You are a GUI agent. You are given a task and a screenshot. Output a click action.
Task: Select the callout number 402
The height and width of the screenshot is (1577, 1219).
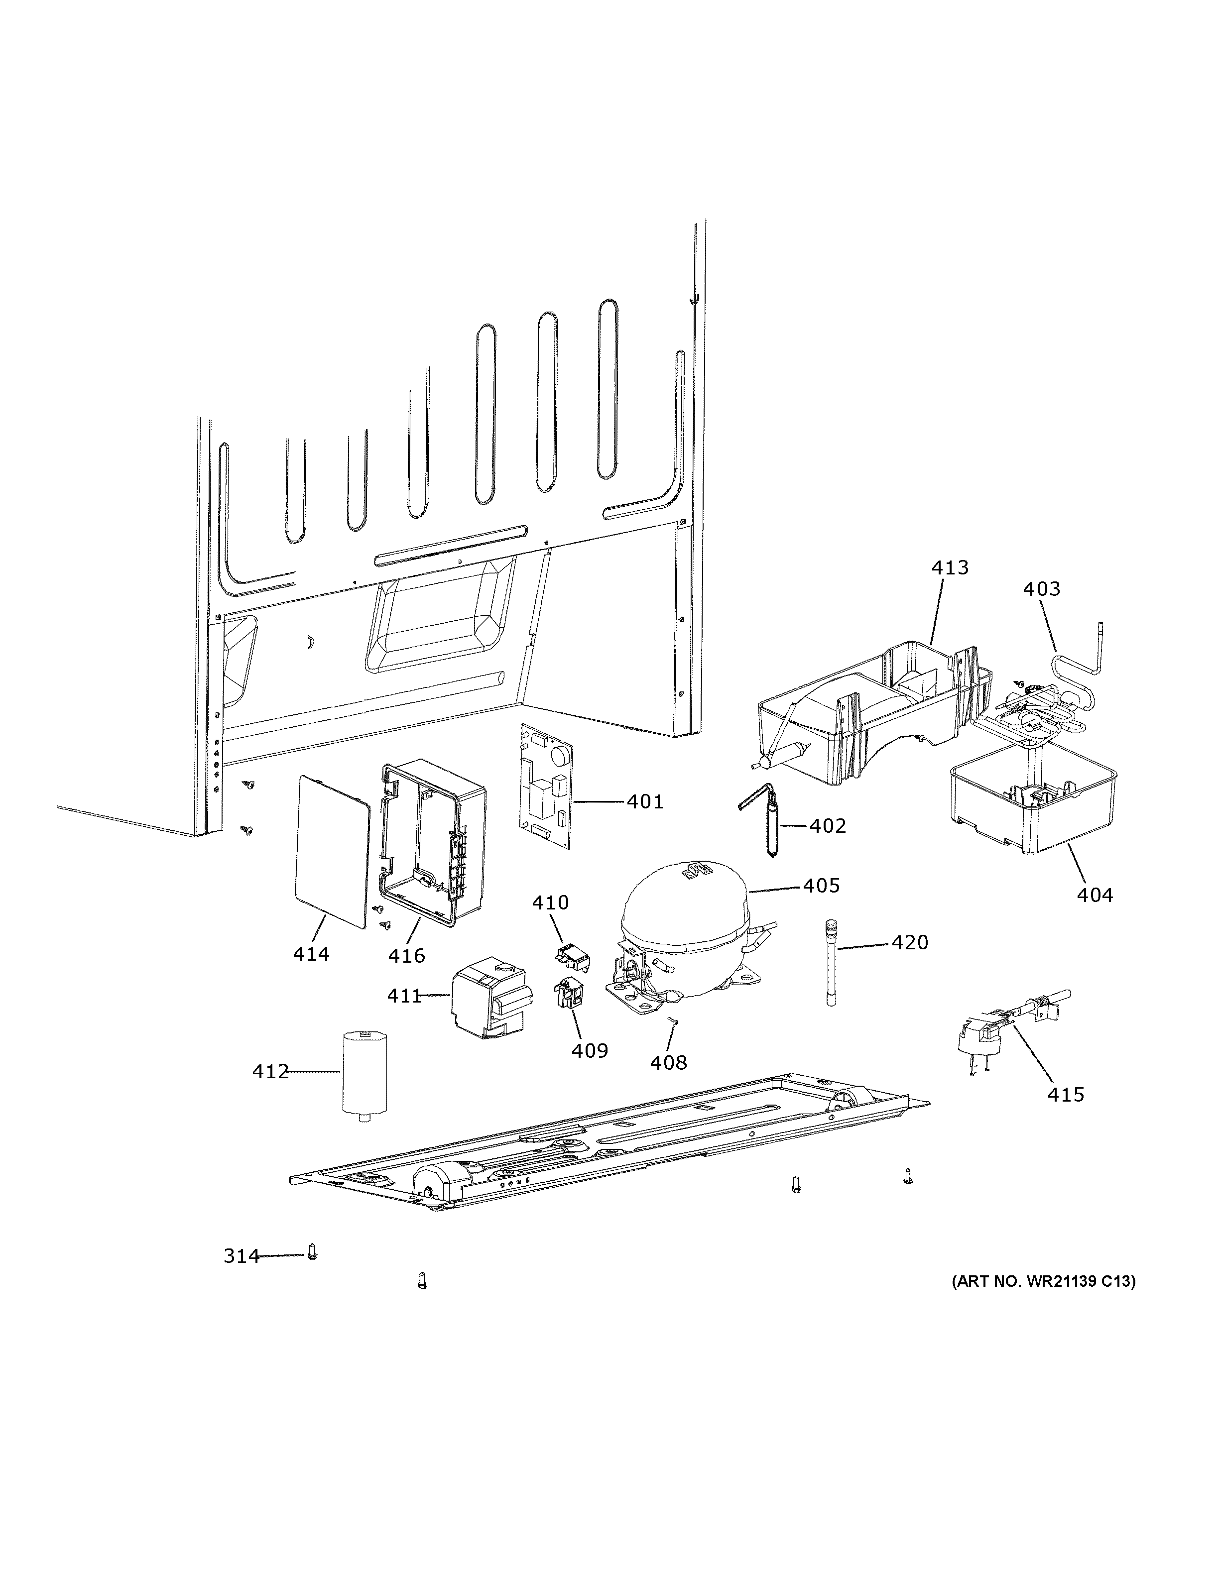(x=827, y=825)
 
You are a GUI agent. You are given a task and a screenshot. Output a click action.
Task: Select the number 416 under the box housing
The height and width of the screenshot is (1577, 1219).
(x=406, y=956)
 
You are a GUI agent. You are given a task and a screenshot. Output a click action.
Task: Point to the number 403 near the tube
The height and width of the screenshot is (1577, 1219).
(x=1041, y=589)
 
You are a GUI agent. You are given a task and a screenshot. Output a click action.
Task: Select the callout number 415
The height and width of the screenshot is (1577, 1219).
(x=1066, y=1095)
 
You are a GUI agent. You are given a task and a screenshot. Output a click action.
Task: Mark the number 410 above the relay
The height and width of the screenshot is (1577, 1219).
(x=550, y=902)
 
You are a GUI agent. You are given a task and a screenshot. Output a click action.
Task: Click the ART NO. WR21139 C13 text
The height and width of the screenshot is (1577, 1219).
(x=1043, y=1282)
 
